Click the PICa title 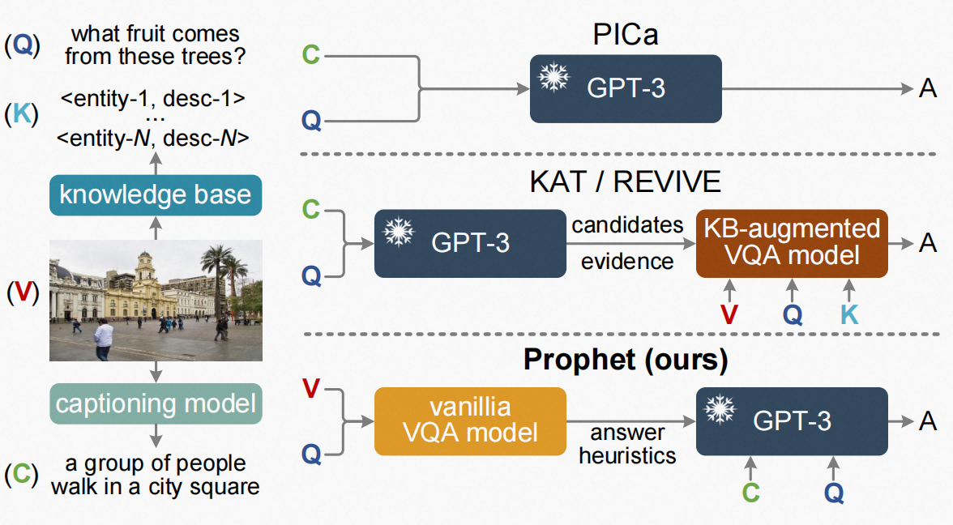[625, 36]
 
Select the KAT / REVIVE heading [625, 181]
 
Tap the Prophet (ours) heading [625, 360]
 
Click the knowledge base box [156, 195]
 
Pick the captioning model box [156, 403]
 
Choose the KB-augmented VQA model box [792, 241]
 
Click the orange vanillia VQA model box [469, 420]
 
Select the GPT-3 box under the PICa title [625, 88]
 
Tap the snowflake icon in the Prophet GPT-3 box [719, 412]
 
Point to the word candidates [627, 225]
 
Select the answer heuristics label [626, 444]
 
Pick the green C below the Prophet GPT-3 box [750, 492]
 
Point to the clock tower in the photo [145, 271]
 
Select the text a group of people [156, 464]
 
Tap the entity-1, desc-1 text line [153, 100]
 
